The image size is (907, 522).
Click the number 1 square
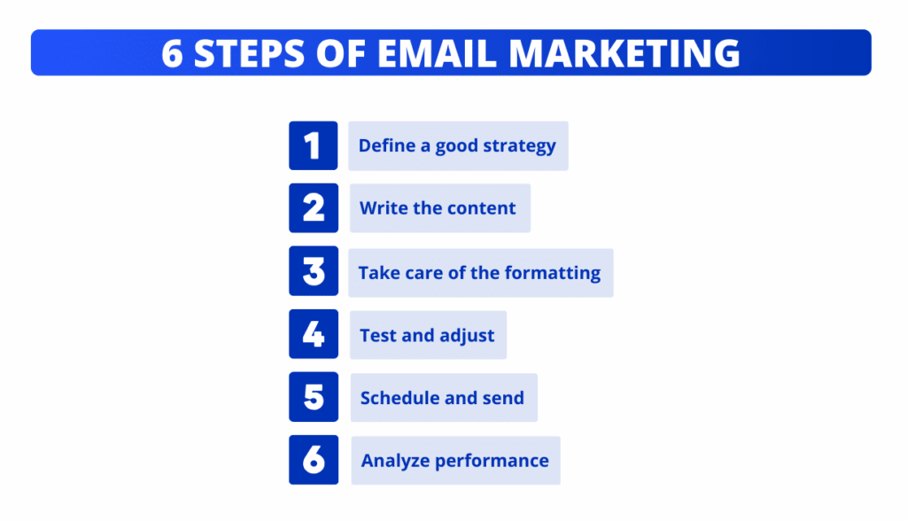tap(313, 145)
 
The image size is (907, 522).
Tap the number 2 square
tap(314, 207)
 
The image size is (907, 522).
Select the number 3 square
tap(314, 271)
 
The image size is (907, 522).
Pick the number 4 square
tap(314, 334)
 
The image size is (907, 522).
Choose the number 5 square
tap(314, 397)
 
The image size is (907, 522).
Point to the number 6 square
tap(314, 459)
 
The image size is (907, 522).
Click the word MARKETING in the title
tap(624, 53)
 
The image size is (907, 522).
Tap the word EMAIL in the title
tap(437, 53)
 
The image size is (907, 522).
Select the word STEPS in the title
tap(249, 53)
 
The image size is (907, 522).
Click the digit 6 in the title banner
tap(172, 53)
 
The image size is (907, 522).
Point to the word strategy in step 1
tap(519, 146)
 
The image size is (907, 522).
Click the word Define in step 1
tap(386, 145)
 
